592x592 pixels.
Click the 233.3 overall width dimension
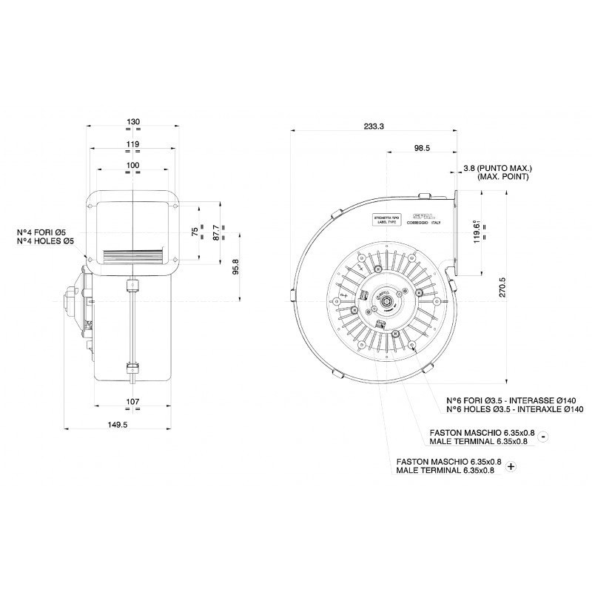click(x=374, y=127)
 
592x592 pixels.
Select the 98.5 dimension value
click(x=422, y=149)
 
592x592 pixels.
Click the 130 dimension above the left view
click(x=133, y=121)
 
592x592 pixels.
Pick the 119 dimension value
click(x=133, y=144)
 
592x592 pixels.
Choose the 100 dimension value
click(x=133, y=164)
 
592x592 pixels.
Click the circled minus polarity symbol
click(x=544, y=437)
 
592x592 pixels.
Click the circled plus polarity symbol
click(x=511, y=466)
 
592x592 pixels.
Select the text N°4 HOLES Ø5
click(x=46, y=242)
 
